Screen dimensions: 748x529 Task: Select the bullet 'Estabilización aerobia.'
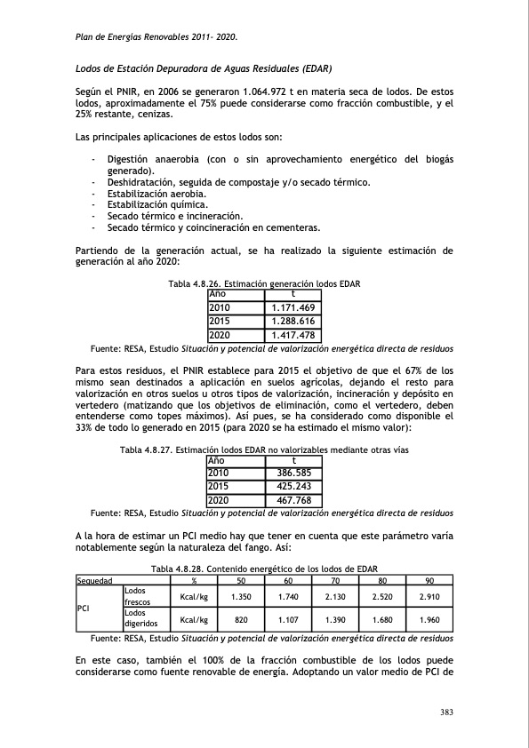point(156,193)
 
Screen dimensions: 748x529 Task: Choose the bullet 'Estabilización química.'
point(156,204)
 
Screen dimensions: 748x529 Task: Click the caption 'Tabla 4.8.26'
point(196,283)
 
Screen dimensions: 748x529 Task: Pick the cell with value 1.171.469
point(293,307)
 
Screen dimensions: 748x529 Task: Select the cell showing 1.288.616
point(293,321)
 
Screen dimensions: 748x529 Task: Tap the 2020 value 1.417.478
point(293,335)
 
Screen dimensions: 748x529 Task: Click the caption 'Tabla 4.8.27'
point(148,450)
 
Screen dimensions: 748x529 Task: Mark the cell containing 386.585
point(293,474)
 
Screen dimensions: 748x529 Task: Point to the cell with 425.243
point(293,488)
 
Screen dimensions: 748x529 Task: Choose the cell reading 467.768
point(293,501)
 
